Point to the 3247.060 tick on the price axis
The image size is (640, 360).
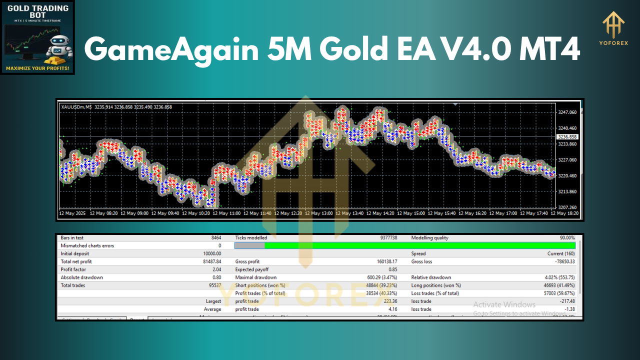pyautogui.click(x=566, y=112)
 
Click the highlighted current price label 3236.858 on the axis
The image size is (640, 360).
pyautogui.click(x=566, y=136)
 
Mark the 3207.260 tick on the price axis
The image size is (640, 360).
pyautogui.click(x=566, y=207)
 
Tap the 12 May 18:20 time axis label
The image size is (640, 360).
pyautogui.click(x=564, y=213)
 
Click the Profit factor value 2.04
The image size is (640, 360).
pyautogui.click(x=215, y=269)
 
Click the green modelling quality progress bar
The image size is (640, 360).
pyautogui.click(x=419, y=245)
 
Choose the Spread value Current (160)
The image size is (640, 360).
pyautogui.click(x=561, y=254)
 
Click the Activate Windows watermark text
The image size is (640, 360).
pyautogui.click(x=504, y=304)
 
